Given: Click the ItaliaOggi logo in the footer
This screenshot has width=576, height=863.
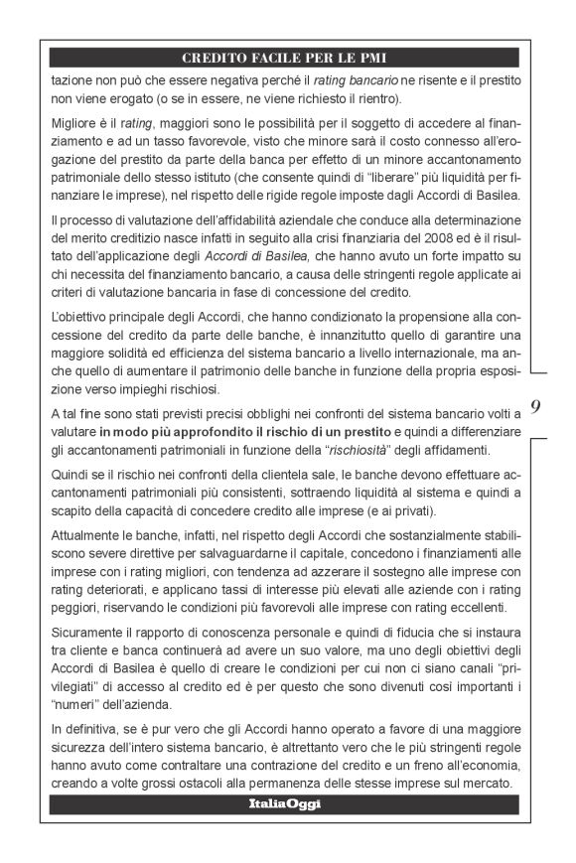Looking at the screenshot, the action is (x=285, y=804).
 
